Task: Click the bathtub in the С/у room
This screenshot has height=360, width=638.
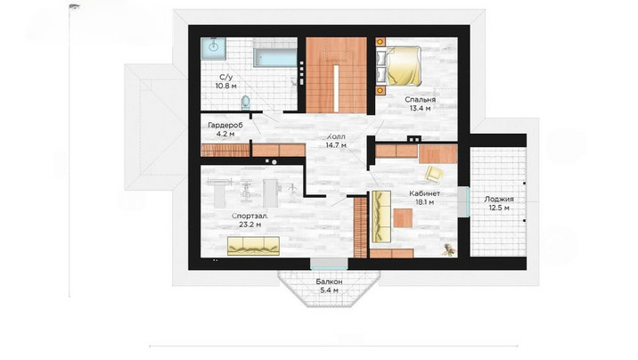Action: click(275, 57)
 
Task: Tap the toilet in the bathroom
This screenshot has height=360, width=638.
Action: click(246, 102)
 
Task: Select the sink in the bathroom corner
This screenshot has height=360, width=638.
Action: click(213, 49)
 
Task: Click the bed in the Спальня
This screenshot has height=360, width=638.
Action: click(403, 66)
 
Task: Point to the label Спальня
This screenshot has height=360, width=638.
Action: click(420, 100)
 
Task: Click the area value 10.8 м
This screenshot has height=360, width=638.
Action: click(225, 86)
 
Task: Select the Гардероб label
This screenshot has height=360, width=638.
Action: click(225, 126)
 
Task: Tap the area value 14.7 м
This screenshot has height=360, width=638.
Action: click(336, 145)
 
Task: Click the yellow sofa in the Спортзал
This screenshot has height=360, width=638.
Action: click(253, 246)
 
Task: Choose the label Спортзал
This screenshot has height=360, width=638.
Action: click(250, 216)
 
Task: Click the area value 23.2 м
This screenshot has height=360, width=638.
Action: click(250, 225)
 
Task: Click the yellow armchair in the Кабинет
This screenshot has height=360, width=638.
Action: click(434, 173)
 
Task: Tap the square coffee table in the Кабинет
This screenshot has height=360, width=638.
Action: click(403, 218)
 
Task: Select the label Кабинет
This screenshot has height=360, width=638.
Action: click(424, 193)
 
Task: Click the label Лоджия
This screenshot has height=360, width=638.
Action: click(499, 200)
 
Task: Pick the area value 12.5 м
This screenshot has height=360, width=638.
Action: click(499, 209)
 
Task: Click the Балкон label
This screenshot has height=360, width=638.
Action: click(329, 282)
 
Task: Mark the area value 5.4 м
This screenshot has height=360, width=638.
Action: click(329, 290)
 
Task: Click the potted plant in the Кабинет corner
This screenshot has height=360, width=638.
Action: click(448, 250)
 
